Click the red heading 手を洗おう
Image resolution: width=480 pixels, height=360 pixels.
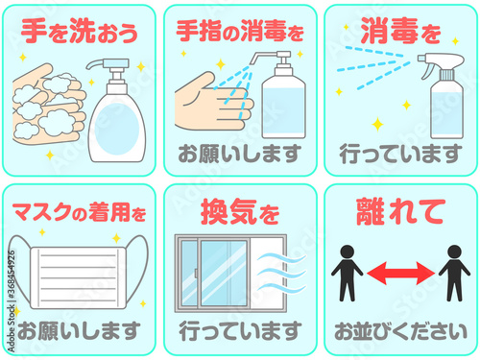(80, 31)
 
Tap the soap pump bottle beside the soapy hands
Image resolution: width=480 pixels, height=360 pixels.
(116, 110)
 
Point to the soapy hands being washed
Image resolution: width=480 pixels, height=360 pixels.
(49, 104)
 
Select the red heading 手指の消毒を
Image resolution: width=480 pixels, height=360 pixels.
(240, 31)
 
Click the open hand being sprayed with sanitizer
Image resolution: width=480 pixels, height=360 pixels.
(214, 103)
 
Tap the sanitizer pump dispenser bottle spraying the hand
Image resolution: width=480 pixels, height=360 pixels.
(281, 95)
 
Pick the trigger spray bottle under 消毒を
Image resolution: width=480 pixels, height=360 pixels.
(444, 96)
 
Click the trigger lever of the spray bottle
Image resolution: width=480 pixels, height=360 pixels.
(428, 71)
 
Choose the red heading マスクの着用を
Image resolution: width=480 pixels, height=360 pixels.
(79, 212)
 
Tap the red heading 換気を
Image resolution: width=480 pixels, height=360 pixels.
(240, 211)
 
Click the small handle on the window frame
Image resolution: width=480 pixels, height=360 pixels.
(196, 274)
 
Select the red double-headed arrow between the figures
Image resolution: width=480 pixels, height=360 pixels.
(400, 273)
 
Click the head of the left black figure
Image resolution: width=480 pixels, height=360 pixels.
(348, 252)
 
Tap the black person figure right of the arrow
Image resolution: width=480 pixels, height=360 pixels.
(454, 273)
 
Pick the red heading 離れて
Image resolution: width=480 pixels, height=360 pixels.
(400, 211)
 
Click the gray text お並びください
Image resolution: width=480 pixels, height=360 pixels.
(400, 331)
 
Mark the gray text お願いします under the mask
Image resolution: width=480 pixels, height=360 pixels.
(79, 331)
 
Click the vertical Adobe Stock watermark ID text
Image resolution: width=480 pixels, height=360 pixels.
(11, 301)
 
